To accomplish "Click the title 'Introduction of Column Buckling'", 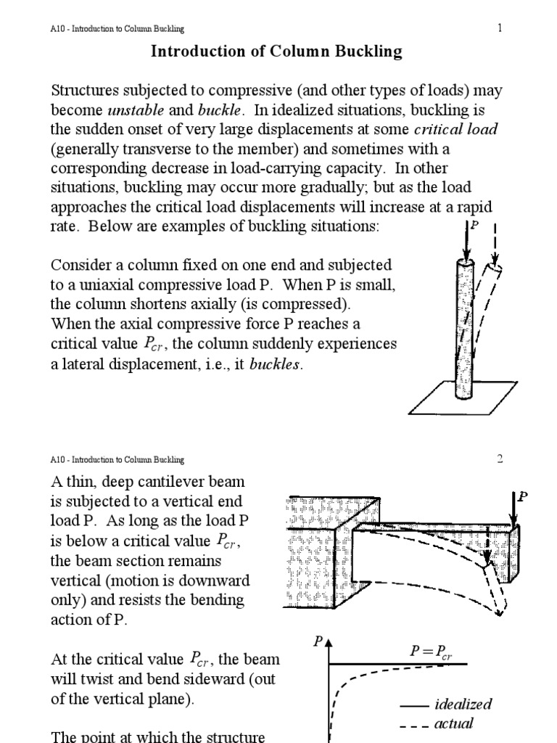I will point(276,52).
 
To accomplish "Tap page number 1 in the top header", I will point(500,28).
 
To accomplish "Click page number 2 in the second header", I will point(500,459).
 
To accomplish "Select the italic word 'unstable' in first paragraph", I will point(134,111).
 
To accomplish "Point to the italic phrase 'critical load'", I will point(455,130).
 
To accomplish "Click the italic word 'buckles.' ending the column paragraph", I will point(275,364).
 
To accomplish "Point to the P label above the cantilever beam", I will point(522,496).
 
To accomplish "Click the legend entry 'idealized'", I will point(463,705).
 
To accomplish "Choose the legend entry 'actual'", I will point(453,723).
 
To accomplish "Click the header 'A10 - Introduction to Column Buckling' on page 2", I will point(117,459).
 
